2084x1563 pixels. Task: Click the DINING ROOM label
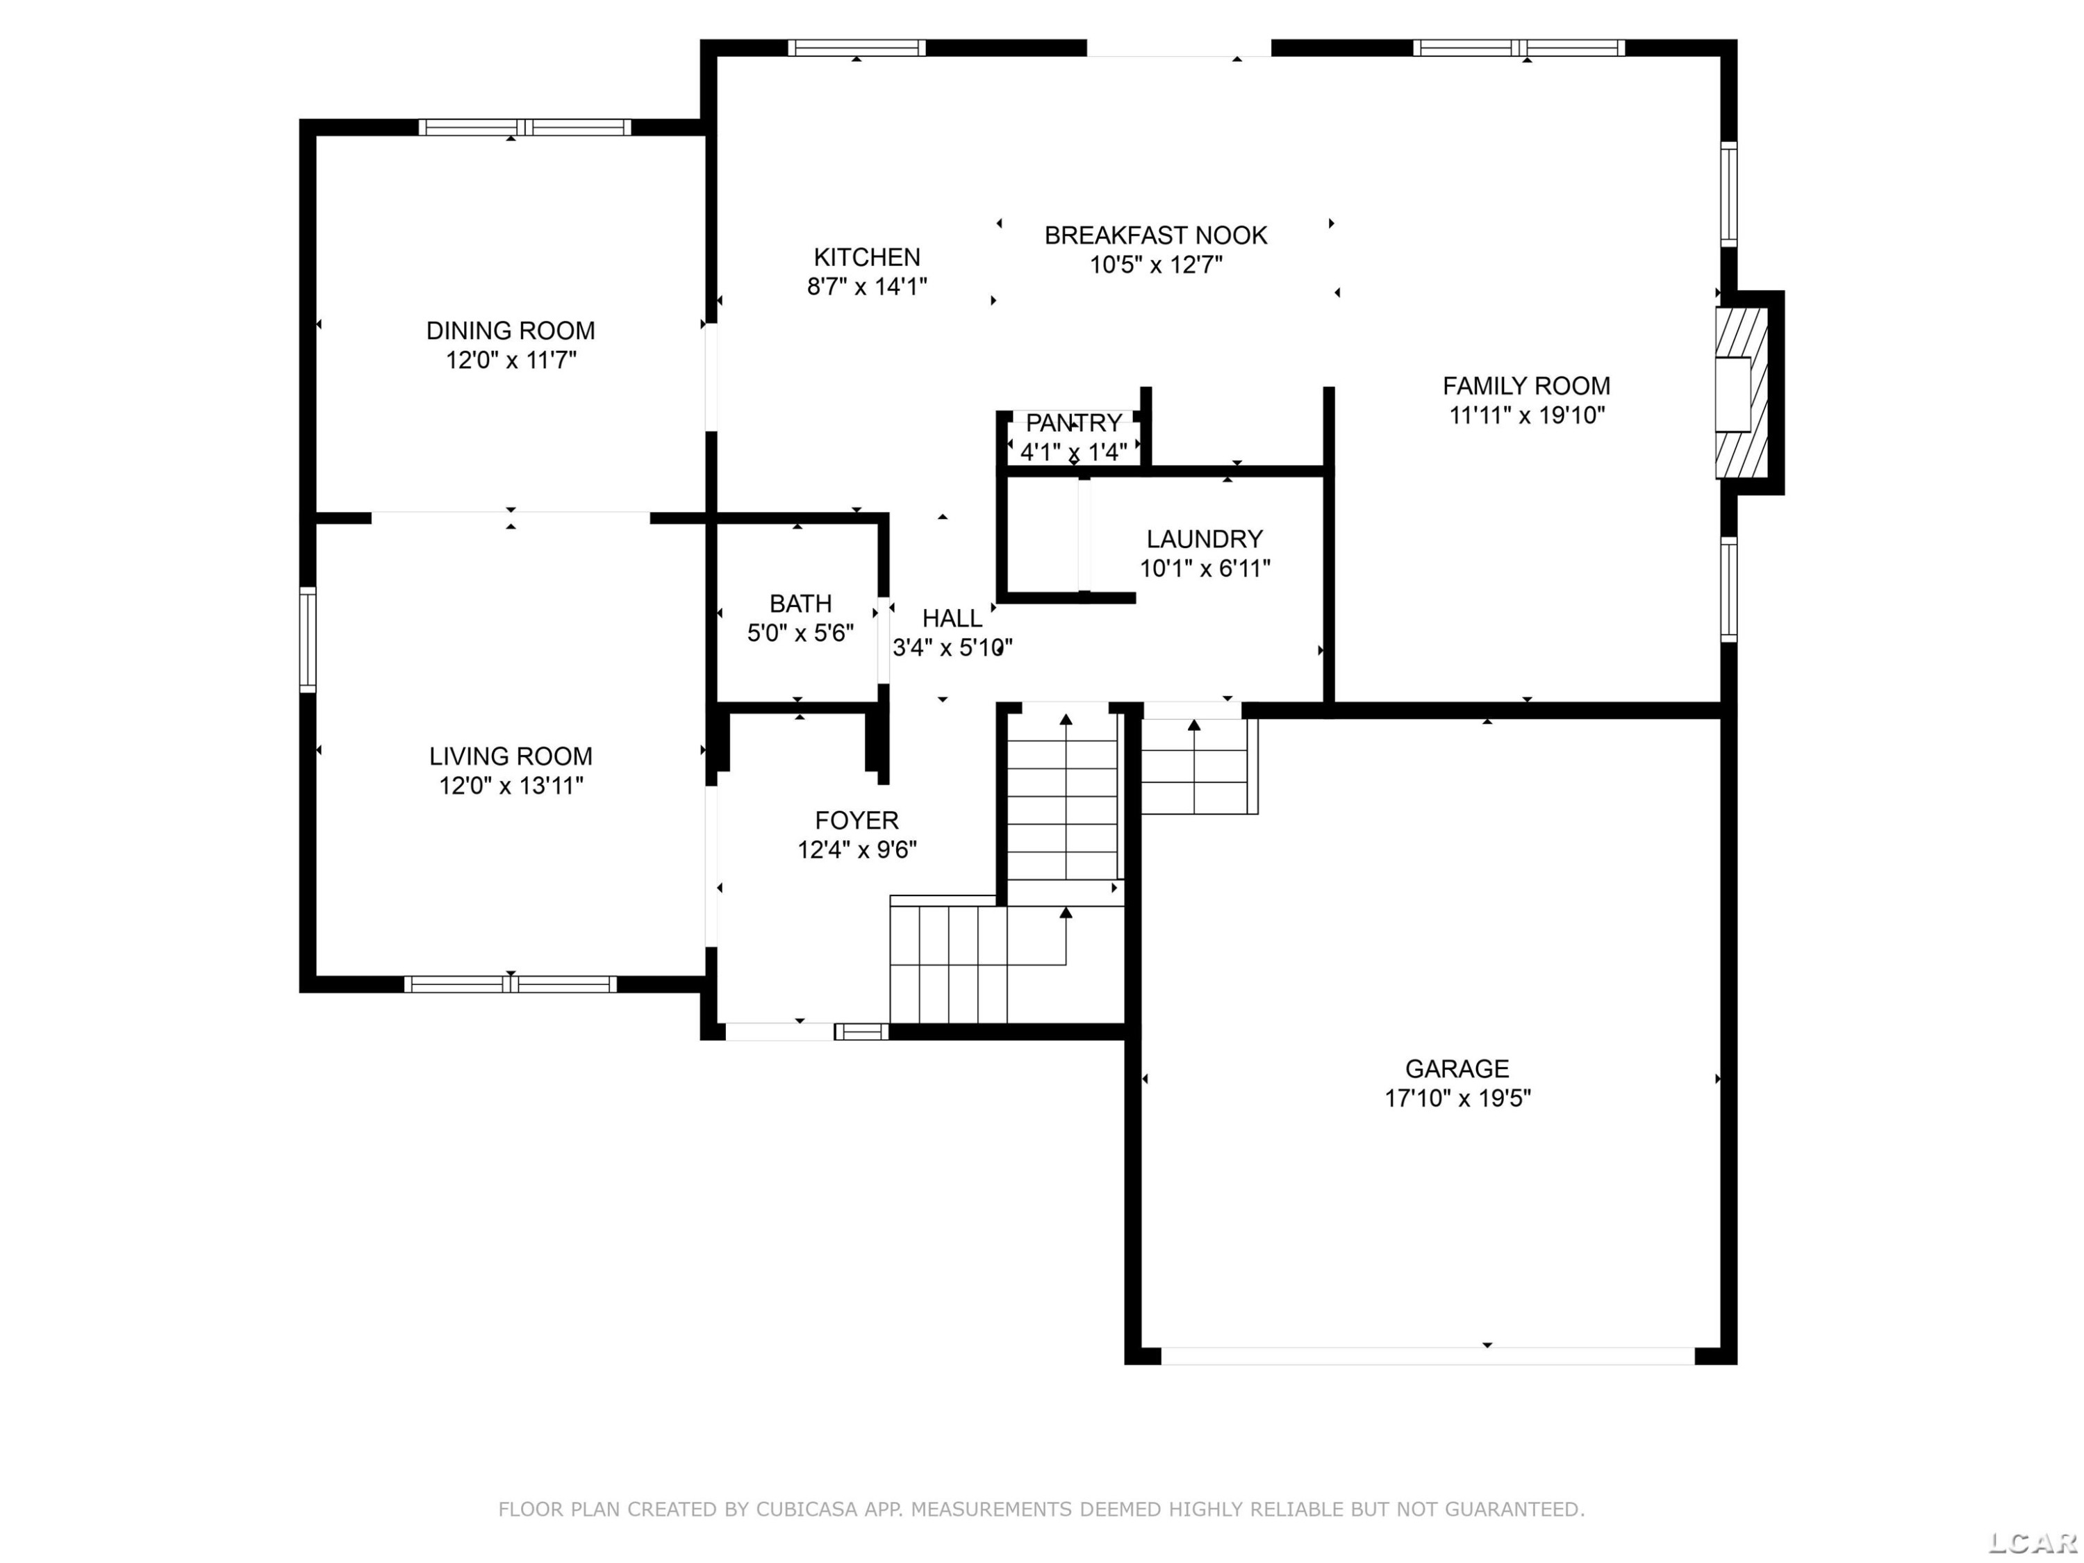pyautogui.click(x=511, y=331)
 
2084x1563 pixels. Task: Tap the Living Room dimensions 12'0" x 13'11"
pyautogui.click(x=511, y=786)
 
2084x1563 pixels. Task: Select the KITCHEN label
pyautogui.click(x=867, y=257)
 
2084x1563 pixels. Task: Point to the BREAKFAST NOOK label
pyautogui.click(x=1156, y=235)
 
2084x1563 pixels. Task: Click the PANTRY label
pyautogui.click(x=1074, y=423)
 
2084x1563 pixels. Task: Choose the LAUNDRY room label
pyautogui.click(x=1204, y=539)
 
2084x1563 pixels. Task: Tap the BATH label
pyautogui.click(x=801, y=604)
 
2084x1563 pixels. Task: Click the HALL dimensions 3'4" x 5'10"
pyautogui.click(x=952, y=647)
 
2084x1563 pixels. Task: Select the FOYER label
pyautogui.click(x=857, y=820)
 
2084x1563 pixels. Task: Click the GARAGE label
pyautogui.click(x=1457, y=1068)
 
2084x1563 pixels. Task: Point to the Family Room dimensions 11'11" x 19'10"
pyautogui.click(x=1527, y=415)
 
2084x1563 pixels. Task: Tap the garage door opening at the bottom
pyautogui.click(x=1428, y=1356)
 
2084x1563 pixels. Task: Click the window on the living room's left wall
pyautogui.click(x=307, y=640)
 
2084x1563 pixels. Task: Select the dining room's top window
pyautogui.click(x=524, y=127)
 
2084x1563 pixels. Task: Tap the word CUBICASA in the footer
pyautogui.click(x=807, y=1510)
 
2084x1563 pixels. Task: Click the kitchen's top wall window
pyautogui.click(x=857, y=48)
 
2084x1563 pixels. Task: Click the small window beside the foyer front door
pyautogui.click(x=861, y=1032)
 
